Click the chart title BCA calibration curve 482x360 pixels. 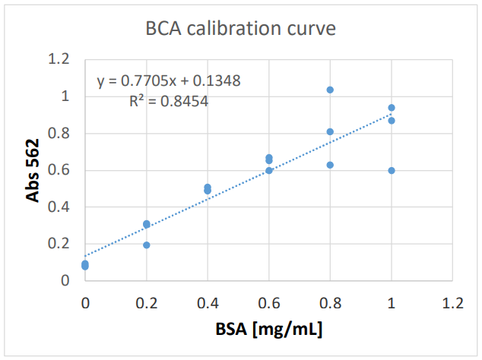tap(240, 30)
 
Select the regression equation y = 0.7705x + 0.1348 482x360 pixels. tap(169, 81)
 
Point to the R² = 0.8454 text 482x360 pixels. tap(169, 99)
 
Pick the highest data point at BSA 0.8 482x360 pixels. tap(330, 90)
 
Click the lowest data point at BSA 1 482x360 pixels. tap(392, 170)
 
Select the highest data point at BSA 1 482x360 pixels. tap(392, 108)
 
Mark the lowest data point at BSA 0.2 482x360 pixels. tap(147, 245)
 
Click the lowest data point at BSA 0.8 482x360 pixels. tap(330, 165)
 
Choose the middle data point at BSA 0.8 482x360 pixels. tap(330, 131)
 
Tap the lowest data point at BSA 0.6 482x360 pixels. tap(269, 170)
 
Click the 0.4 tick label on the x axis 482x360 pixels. tap(208, 303)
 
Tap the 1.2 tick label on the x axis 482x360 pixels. tap(452, 303)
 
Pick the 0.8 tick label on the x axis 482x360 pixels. tap(330, 303)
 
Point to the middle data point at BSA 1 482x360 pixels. tap(392, 121)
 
